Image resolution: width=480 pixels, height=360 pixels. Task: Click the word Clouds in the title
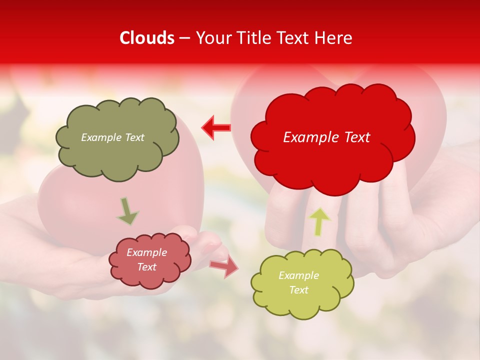(x=147, y=38)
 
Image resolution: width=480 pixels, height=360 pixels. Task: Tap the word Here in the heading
(x=334, y=38)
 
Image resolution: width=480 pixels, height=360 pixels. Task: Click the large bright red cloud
(x=332, y=160)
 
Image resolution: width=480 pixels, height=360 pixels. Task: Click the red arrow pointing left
(x=216, y=127)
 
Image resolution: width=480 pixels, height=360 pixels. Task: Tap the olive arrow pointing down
(x=127, y=211)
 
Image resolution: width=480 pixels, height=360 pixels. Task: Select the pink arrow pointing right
(x=223, y=266)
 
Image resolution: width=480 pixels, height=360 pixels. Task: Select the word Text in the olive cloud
(x=134, y=137)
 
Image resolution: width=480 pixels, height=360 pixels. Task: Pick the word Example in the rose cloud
(x=146, y=253)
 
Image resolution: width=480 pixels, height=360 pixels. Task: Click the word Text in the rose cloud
(x=147, y=267)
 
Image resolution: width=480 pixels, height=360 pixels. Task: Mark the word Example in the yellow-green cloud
(x=298, y=276)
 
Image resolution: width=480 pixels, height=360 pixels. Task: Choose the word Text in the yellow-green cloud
(x=298, y=290)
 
